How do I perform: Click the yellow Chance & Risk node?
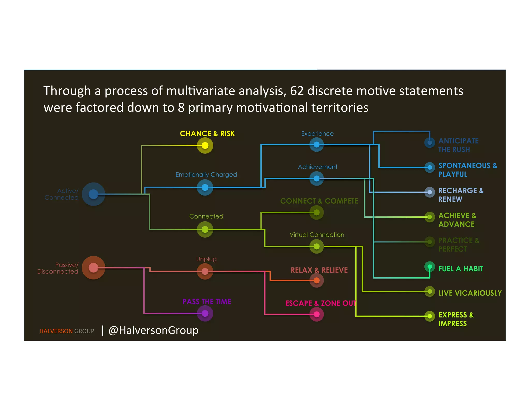pyautogui.click(x=205, y=145)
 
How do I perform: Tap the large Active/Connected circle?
pyautogui.click(x=93, y=194)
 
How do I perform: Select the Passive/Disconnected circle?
pyautogui.click(x=93, y=268)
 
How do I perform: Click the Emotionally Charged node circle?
pyautogui.click(x=205, y=187)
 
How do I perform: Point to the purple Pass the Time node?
pyautogui.click(x=205, y=313)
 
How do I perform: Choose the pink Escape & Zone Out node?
pyautogui.click(x=316, y=314)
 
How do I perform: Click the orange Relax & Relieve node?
pyautogui.click(x=316, y=280)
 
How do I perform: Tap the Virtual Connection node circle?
pyautogui.click(x=316, y=246)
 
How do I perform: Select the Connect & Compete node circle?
pyautogui.click(x=316, y=213)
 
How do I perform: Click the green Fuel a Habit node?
pyautogui.click(x=430, y=267)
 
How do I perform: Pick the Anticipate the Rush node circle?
pyautogui.click(x=430, y=143)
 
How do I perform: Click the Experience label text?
pyautogui.click(x=317, y=134)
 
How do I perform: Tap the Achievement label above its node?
pyautogui.click(x=318, y=167)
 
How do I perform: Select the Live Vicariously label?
pyautogui.click(x=470, y=293)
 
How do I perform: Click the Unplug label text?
pyautogui.click(x=206, y=259)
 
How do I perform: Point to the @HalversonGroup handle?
pyautogui.click(x=153, y=330)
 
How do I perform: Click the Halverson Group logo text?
pyautogui.click(x=67, y=331)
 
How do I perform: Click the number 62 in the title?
pyautogui.click(x=297, y=91)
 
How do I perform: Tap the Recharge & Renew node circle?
pyautogui.click(x=430, y=192)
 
